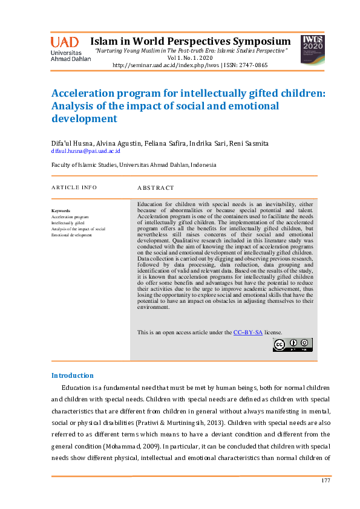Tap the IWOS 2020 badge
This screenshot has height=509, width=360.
click(312, 50)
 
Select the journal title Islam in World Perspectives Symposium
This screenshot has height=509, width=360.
click(191, 41)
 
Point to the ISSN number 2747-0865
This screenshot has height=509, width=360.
click(254, 65)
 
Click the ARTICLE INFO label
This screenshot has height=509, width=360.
click(74, 187)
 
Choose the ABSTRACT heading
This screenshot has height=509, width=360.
click(155, 188)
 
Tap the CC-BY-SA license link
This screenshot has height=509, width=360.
click(248, 332)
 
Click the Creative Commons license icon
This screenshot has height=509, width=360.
click(293, 345)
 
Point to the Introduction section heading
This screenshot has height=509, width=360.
click(72, 375)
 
